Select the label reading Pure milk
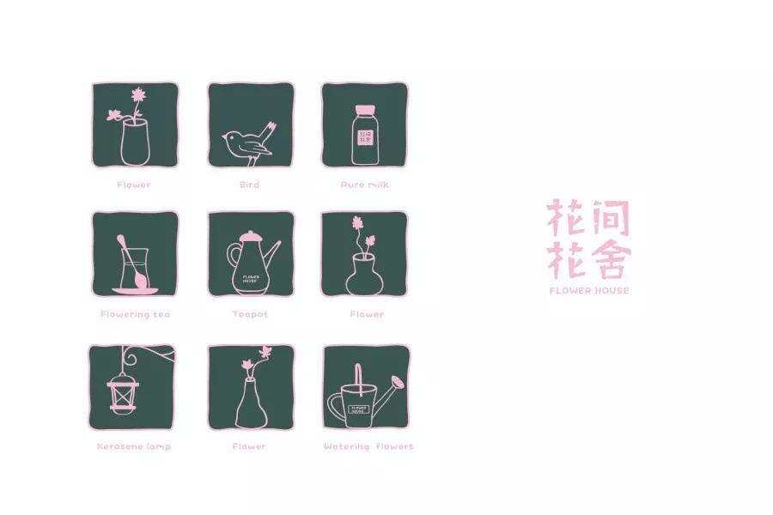(365, 185)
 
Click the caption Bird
(249, 185)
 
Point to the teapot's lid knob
(248, 232)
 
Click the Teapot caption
(250, 314)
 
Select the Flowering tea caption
(135, 314)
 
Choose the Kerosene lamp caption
(134, 446)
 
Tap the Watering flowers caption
(368, 446)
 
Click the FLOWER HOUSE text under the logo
(589, 291)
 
